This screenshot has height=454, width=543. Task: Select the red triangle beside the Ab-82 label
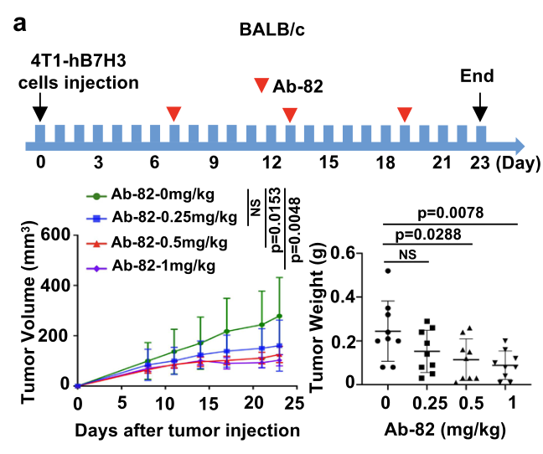[x=262, y=85]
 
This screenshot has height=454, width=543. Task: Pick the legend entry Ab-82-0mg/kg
[x=162, y=196]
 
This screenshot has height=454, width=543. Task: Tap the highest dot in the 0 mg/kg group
[x=387, y=270]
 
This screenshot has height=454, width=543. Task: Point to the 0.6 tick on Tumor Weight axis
[x=357, y=250]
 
